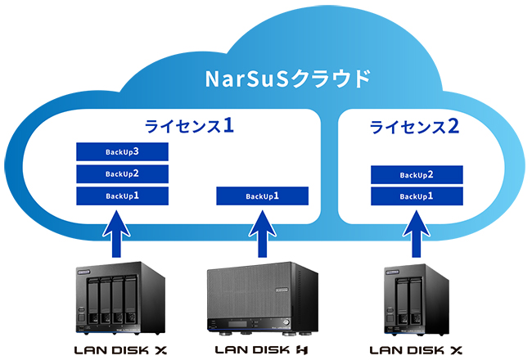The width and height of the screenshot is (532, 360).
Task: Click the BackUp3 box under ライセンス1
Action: click(x=122, y=152)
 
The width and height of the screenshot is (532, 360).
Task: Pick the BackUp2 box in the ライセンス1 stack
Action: click(x=122, y=173)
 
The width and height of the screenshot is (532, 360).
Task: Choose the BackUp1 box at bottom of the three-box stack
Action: click(x=122, y=196)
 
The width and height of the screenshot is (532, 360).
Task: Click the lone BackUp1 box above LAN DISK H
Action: click(x=262, y=196)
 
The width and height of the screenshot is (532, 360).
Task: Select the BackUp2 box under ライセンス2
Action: click(x=417, y=174)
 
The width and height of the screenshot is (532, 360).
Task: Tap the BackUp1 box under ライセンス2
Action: click(x=417, y=196)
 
